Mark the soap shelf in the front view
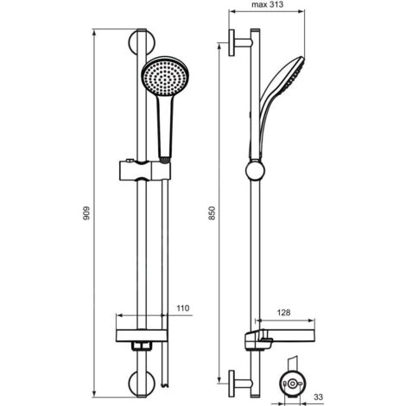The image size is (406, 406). [142, 334]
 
